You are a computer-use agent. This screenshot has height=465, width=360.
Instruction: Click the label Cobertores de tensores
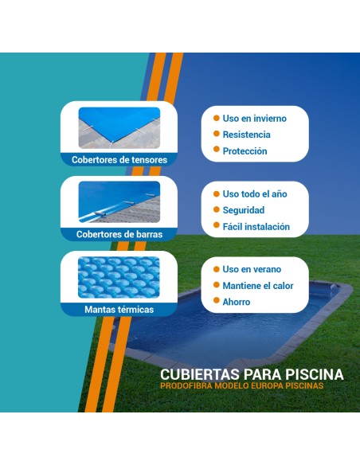(x=119, y=159)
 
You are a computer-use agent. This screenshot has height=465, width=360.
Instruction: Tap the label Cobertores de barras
(x=119, y=234)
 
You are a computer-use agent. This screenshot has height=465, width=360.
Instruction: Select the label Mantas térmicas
(x=119, y=309)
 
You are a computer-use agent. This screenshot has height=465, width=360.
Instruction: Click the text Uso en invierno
(x=254, y=119)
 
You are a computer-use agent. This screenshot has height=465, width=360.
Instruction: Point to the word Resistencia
(x=246, y=135)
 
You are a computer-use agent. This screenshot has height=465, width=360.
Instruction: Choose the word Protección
(x=245, y=151)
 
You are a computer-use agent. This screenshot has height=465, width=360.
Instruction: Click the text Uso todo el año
(x=254, y=194)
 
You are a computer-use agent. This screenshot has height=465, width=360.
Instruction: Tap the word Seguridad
(x=244, y=210)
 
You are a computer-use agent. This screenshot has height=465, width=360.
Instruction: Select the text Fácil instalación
(x=256, y=227)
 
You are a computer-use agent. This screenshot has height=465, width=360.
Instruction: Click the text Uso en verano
(x=252, y=269)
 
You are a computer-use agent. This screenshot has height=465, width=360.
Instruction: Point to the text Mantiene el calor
(x=258, y=286)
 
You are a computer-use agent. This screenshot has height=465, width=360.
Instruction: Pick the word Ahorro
(x=237, y=302)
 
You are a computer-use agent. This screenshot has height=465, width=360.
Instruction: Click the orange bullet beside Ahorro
(x=215, y=302)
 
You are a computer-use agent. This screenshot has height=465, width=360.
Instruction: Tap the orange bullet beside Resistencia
(x=215, y=135)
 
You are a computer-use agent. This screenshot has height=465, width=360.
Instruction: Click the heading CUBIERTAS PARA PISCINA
(x=252, y=374)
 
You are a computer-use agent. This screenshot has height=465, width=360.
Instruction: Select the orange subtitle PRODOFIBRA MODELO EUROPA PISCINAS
(x=252, y=387)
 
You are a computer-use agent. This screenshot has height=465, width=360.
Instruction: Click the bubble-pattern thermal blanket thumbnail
(x=119, y=277)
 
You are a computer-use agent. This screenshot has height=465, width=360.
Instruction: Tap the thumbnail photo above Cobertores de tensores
(x=119, y=127)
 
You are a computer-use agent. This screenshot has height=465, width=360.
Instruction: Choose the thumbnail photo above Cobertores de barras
(x=119, y=202)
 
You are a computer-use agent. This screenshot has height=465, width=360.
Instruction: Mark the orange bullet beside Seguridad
(x=215, y=210)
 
